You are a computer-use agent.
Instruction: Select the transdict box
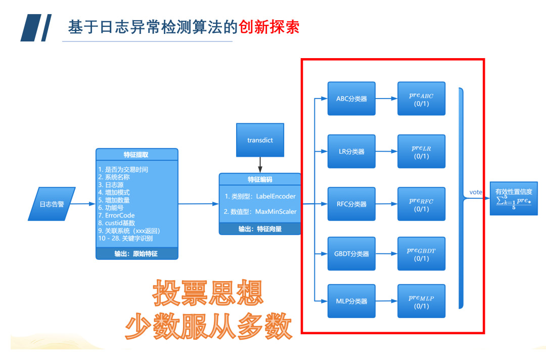pos(260,140)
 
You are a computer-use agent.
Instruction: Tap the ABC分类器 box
pos(351,99)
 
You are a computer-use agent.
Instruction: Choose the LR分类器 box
pos(351,151)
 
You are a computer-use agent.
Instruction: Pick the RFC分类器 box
pos(351,204)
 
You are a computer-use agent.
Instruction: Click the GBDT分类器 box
pos(351,253)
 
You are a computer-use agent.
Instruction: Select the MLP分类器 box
pos(351,301)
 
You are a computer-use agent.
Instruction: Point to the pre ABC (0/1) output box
pos(421,99)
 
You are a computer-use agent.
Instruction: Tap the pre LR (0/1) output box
pos(421,151)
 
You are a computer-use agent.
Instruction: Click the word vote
pos(476,192)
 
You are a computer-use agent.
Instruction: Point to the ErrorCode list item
pos(116,215)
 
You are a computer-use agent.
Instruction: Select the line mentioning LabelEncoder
pos(260,196)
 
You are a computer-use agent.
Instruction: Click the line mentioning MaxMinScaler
pos(260,212)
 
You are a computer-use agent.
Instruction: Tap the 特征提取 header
pos(136,154)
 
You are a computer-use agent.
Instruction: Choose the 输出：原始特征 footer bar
pos(136,253)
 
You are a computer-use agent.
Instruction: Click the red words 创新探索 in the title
pos(269,26)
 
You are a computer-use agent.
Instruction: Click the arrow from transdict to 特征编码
pos(260,165)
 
